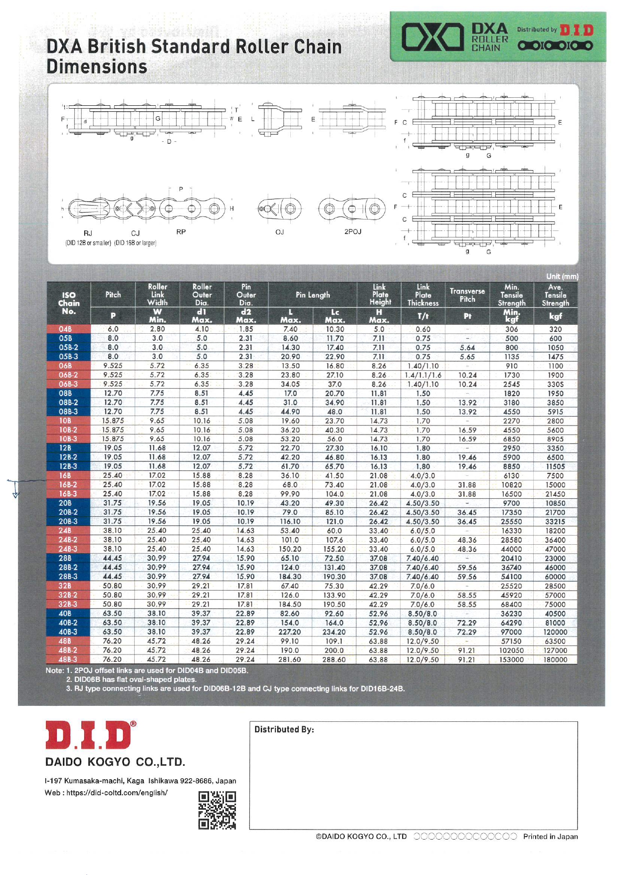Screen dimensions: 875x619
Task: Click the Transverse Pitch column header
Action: point(467,295)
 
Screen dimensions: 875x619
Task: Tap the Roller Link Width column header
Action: point(157,294)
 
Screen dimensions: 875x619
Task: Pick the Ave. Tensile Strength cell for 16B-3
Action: point(555,494)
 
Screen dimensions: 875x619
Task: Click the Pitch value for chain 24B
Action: point(113,531)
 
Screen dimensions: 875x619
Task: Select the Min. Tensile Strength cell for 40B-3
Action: point(511,632)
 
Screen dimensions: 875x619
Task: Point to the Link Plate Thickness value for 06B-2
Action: point(422,375)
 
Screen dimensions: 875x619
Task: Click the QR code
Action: point(217,810)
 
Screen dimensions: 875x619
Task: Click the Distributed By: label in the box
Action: point(284,729)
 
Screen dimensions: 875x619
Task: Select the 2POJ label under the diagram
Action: point(353,231)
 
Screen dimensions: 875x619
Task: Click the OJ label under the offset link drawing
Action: point(279,232)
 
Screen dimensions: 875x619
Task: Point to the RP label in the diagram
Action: point(181,232)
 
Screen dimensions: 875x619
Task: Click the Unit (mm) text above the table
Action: point(562,276)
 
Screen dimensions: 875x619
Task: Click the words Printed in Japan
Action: point(550,837)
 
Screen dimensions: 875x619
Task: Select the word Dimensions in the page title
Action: point(97,67)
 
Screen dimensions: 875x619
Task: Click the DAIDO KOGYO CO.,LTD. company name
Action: point(115,762)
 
